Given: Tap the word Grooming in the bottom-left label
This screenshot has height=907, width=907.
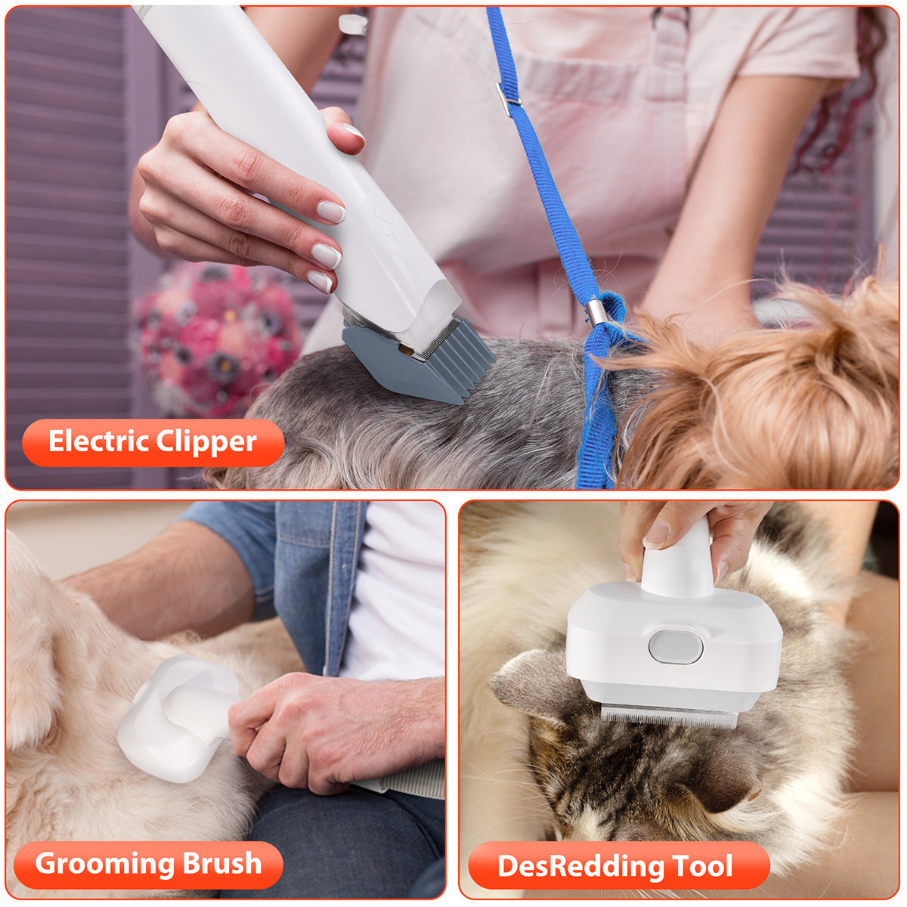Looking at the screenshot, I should coord(94,863).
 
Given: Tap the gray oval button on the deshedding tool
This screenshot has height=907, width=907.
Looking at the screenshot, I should coord(675,648).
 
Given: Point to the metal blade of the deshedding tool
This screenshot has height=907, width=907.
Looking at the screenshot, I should coord(668,715).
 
